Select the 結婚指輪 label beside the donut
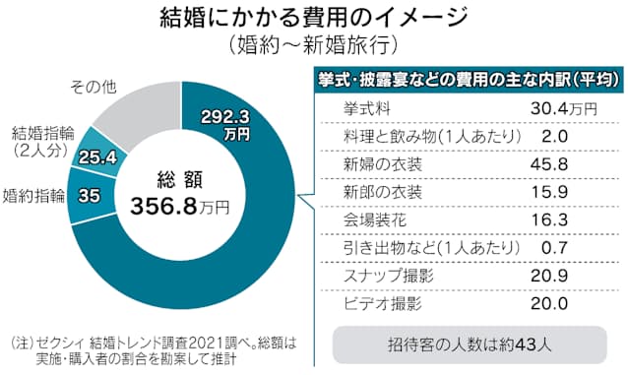click(40, 142)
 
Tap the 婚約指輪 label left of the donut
click(34, 195)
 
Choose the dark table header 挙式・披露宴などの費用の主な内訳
click(462, 79)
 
